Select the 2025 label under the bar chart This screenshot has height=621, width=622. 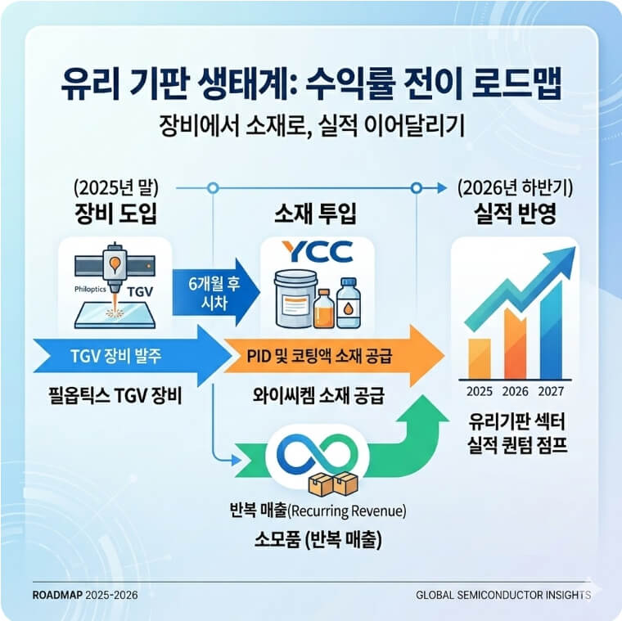[x=479, y=389]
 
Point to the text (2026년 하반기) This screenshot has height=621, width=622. [x=515, y=188]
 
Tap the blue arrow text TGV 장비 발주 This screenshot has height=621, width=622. [x=117, y=357]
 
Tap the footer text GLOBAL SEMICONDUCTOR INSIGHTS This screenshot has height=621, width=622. [x=503, y=594]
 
